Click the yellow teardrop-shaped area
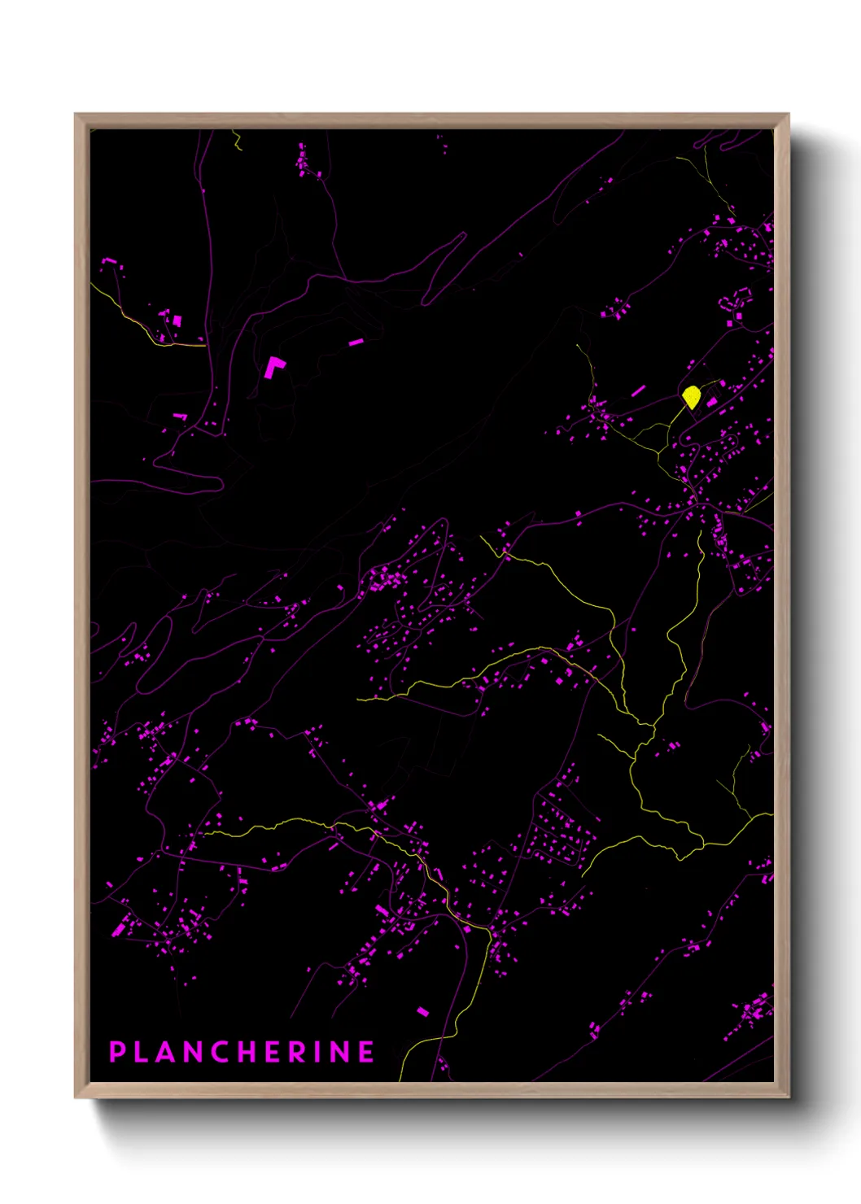(691, 395)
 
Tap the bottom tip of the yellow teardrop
(693, 408)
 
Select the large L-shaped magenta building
(273, 367)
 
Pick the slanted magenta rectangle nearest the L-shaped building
(356, 342)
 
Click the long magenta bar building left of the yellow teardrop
(638, 391)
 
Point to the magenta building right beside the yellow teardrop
(712, 401)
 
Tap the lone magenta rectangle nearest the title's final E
(422, 1011)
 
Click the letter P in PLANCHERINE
(117, 1052)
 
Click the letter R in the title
(299, 1052)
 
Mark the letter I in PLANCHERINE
(318, 1052)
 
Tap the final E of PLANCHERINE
(367, 1052)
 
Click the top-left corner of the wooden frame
(76, 115)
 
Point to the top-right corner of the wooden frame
(788, 115)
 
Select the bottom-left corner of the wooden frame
(76, 1097)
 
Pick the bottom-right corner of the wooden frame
(788, 1097)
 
